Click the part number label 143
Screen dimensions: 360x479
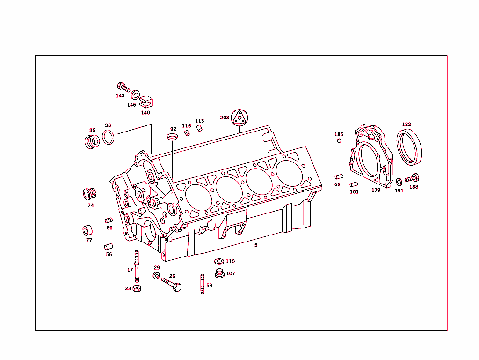pyautogui.click(x=120, y=96)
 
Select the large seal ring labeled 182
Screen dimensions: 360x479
pyautogui.click(x=409, y=147)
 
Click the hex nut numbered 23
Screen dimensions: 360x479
pyautogui.click(x=137, y=288)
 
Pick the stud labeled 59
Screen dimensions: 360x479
pyautogui.click(x=203, y=284)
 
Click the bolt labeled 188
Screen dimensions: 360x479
pyautogui.click(x=412, y=178)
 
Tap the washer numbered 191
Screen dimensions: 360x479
pyautogui.click(x=399, y=182)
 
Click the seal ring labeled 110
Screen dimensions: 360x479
pyautogui.click(x=218, y=261)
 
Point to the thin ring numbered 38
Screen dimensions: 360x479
pyautogui.click(x=109, y=138)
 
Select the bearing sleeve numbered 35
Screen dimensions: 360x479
pyautogui.click(x=92, y=141)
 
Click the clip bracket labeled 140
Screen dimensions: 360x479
pyautogui.click(x=146, y=102)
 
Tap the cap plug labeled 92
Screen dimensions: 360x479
pyautogui.click(x=173, y=137)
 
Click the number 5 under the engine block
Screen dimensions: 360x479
pyautogui.click(x=256, y=245)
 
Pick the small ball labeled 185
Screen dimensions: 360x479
pyautogui.click(x=339, y=140)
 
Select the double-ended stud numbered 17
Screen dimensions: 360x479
pyautogui.click(x=137, y=266)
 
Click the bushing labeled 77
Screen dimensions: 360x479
pyautogui.click(x=87, y=231)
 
